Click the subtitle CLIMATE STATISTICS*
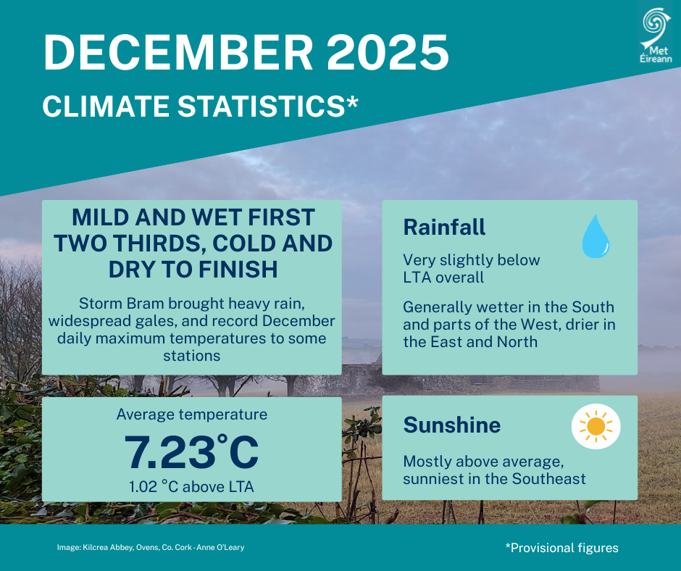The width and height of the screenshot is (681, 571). click(200, 106)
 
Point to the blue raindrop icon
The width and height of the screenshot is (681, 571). click(596, 236)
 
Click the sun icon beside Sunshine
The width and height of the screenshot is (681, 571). click(596, 427)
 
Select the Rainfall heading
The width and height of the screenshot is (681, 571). click(444, 228)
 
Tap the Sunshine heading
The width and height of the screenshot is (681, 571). click(451, 425)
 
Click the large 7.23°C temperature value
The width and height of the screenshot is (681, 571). click(191, 451)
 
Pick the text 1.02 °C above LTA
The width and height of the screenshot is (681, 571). click(191, 487)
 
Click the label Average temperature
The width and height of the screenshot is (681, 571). click(191, 414)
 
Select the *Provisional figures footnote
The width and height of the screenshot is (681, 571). click(561, 548)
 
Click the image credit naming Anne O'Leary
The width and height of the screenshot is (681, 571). click(151, 548)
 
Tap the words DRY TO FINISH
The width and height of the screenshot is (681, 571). click(193, 269)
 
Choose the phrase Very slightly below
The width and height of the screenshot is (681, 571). click(472, 259)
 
